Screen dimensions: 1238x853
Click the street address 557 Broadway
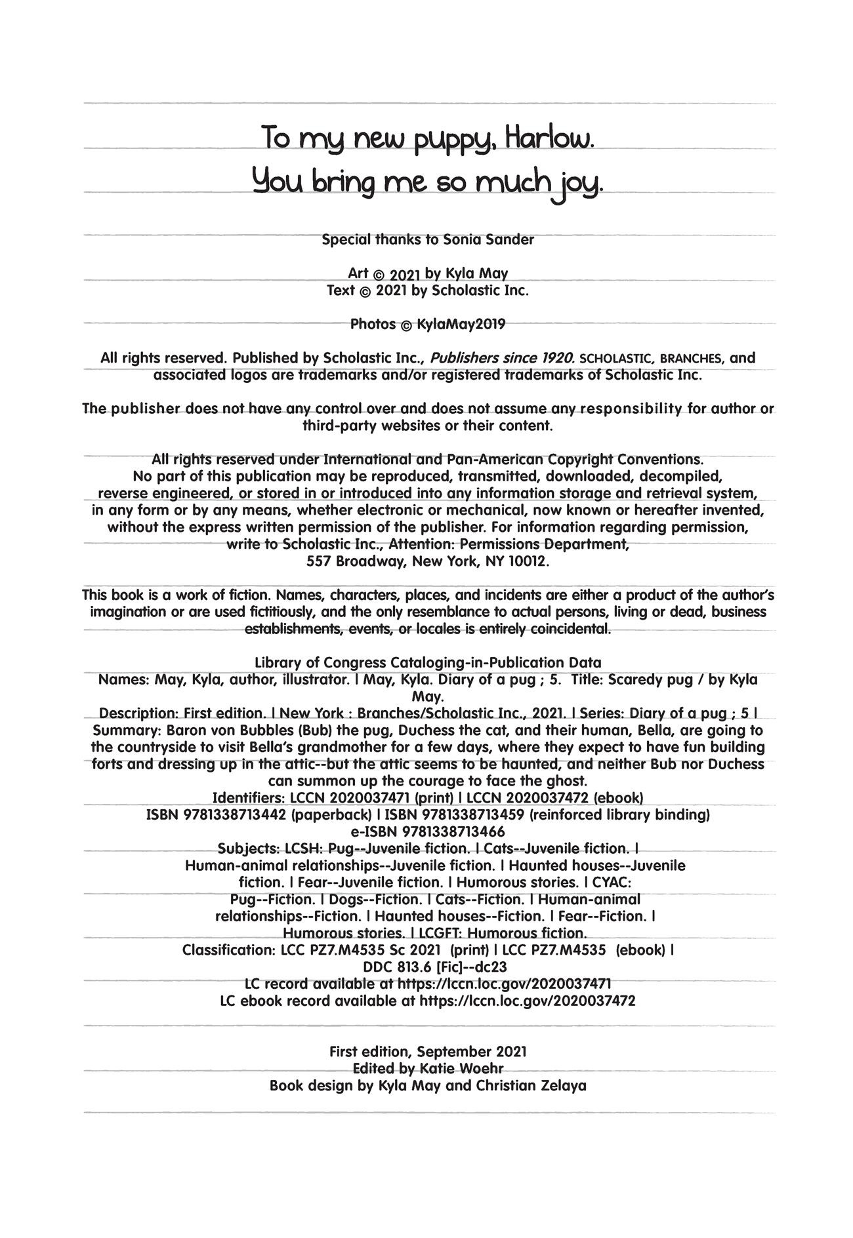pos(354,562)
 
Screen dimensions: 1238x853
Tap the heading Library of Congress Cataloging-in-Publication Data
pos(427,662)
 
